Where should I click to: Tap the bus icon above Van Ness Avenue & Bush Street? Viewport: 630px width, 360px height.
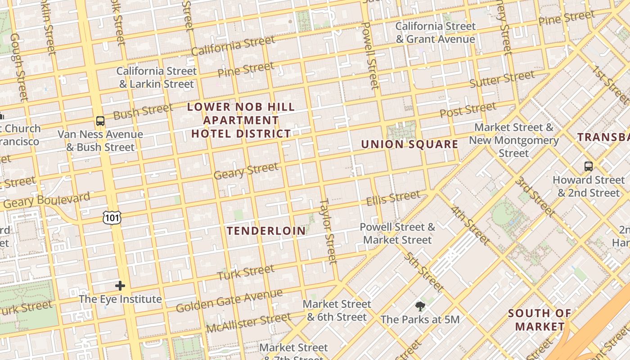point(100,121)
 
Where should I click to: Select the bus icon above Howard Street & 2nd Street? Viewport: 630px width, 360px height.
point(588,166)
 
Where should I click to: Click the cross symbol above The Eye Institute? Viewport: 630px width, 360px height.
point(120,285)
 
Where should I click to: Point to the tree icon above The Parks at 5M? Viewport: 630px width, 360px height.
point(420,306)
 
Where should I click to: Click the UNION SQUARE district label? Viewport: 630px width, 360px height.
point(409,144)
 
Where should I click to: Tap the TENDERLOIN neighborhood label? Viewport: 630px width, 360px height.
point(266,231)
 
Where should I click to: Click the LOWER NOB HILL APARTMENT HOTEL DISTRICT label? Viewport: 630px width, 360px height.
point(241,120)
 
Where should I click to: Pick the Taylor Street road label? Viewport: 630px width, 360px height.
point(328,231)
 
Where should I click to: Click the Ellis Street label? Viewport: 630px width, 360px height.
point(393,198)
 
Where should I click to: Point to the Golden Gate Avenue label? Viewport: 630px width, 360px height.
point(229,301)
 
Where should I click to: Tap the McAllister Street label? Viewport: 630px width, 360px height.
point(248,323)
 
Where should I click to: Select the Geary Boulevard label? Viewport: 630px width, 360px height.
point(46,201)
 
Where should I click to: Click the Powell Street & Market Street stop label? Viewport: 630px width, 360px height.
point(397,233)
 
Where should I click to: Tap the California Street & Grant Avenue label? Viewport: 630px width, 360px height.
point(435,32)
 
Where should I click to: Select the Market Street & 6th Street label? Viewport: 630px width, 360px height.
point(337,310)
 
